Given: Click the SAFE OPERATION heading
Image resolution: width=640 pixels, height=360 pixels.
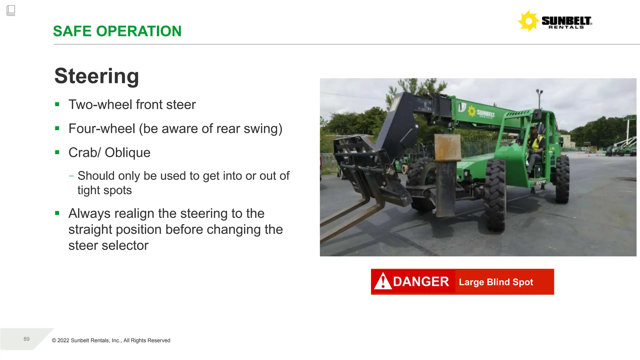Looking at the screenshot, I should coord(117,31).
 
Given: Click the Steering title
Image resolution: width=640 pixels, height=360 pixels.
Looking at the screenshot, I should coord(97,76).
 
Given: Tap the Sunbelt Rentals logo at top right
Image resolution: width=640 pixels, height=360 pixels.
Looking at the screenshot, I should coord(555,21).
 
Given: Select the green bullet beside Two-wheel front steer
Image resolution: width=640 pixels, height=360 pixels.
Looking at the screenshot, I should coord(57,104).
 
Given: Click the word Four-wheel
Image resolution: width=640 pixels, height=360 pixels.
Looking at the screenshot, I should coord(102,129).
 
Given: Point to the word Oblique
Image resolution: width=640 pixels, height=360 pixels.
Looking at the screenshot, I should coord(127,153).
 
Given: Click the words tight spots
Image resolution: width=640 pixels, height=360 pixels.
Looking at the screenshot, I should coord(105,190).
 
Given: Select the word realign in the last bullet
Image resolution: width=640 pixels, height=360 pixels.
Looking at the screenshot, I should coord(134,214).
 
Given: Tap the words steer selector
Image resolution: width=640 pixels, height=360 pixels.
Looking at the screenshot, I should coord(108,246).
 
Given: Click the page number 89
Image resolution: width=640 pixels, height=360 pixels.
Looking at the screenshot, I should coord(27,339).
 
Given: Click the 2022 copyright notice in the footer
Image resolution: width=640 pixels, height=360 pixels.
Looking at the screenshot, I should coord(111,341).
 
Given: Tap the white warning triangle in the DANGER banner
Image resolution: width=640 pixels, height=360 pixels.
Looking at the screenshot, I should coord(383,281).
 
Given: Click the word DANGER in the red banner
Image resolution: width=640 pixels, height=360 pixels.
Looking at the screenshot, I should coord(421,282).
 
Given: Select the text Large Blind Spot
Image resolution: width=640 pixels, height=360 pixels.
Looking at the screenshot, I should coord(496,282).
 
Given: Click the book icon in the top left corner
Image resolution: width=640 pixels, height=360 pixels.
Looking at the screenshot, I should coord(11,10).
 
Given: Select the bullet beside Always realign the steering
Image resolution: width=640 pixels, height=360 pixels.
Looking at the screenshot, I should coord(57,213).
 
